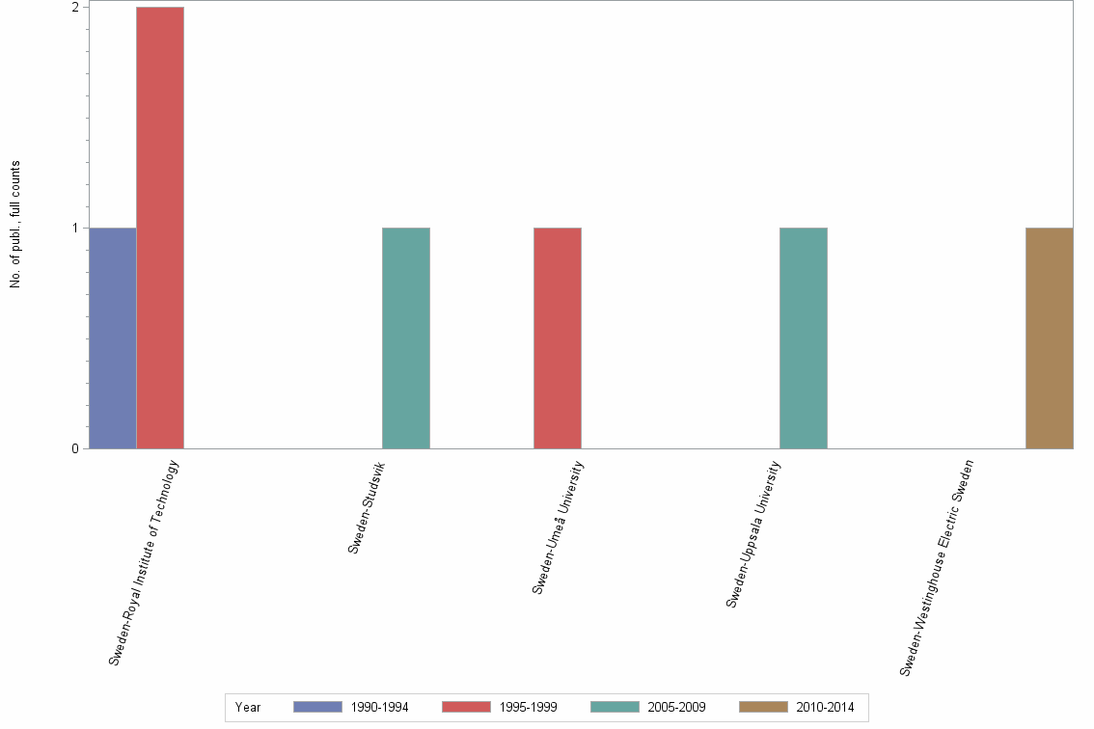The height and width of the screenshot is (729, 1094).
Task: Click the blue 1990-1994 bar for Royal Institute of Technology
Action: coord(113,338)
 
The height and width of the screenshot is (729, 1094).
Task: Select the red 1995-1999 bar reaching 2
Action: coord(160,228)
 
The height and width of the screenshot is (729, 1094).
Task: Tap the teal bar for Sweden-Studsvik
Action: coord(406,338)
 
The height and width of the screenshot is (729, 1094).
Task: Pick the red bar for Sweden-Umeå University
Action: coord(558,338)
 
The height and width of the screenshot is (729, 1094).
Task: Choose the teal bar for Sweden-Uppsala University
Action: coord(804,338)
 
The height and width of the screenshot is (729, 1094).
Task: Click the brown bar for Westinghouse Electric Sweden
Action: coord(1050,338)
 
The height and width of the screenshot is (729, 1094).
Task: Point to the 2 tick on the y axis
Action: coord(75,8)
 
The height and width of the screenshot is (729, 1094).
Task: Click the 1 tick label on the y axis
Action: coord(75,229)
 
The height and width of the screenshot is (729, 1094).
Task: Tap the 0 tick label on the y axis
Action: coord(75,449)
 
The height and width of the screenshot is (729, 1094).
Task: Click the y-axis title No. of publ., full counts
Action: coord(15,224)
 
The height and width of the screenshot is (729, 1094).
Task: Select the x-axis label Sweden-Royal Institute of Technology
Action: coord(144,563)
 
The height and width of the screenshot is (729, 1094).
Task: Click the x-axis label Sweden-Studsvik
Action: coord(370,507)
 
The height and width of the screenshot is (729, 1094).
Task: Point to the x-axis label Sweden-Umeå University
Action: coord(559,527)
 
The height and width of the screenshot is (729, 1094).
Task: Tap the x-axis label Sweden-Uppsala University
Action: coord(753,535)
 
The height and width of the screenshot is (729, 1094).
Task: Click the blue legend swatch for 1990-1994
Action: coord(317,707)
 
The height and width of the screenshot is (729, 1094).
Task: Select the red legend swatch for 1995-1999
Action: coord(466,707)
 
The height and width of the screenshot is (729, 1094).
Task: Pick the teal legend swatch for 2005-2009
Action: coord(615,707)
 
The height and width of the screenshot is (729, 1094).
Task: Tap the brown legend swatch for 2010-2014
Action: coord(763,707)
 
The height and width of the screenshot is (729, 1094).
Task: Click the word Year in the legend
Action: coord(248,708)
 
